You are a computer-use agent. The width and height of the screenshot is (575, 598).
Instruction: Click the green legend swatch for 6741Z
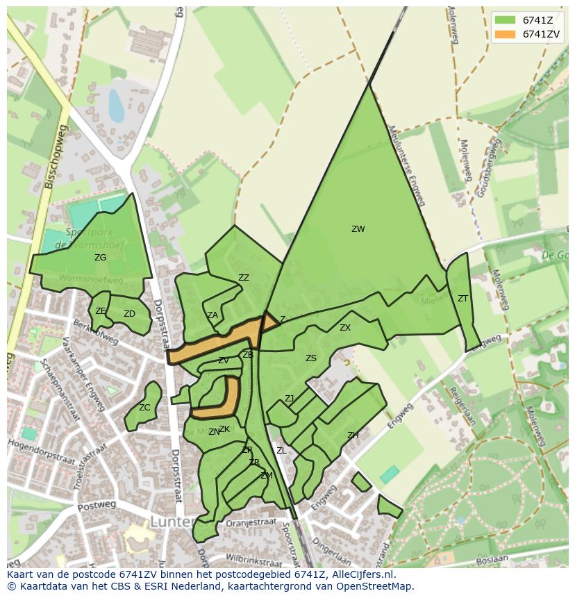coord(505,20)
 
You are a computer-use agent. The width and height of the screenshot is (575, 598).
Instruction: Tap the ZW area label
coord(358,229)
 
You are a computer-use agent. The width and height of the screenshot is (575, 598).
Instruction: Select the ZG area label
coord(101,258)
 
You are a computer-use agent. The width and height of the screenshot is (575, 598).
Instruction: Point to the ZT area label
coord(462,299)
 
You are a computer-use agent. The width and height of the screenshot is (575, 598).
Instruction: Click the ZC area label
coord(144,408)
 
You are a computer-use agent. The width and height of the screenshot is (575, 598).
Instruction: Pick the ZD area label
coord(129,314)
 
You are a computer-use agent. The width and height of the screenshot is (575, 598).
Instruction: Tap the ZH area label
coord(353,435)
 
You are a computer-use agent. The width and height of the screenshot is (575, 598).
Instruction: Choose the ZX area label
coord(345,328)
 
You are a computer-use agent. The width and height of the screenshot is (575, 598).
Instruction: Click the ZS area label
coord(311,358)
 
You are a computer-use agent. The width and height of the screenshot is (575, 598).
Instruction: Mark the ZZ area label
coord(244,278)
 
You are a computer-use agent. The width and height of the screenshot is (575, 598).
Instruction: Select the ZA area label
coord(212,315)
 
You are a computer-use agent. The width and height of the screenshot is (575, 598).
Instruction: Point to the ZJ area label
coord(289,399)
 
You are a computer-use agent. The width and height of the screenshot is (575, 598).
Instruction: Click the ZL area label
coord(281,451)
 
